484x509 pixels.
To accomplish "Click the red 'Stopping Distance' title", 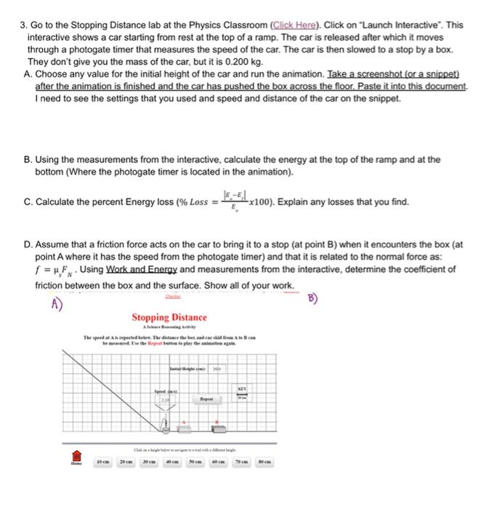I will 169,318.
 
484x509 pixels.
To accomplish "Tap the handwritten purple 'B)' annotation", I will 312,297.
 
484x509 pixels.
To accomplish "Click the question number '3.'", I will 21,25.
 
